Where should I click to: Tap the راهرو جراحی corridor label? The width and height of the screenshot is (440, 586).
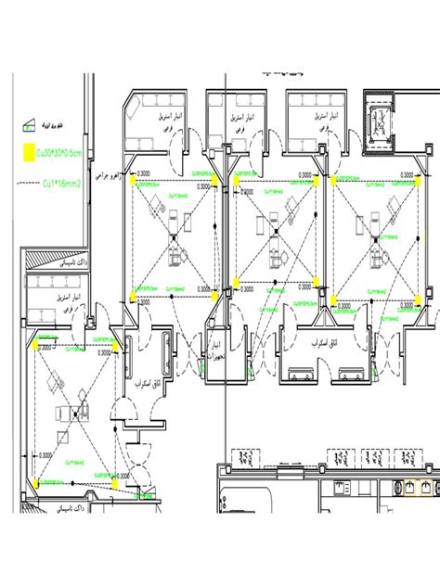click(x=104, y=173)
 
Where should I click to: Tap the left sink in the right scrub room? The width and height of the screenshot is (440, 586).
click(x=302, y=374)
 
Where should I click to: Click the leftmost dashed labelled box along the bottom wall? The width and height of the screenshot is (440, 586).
click(x=247, y=458)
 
